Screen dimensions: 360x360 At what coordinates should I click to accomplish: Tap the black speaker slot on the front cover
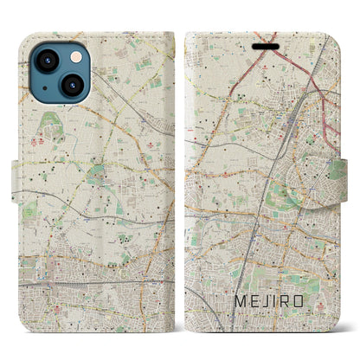[263, 40]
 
